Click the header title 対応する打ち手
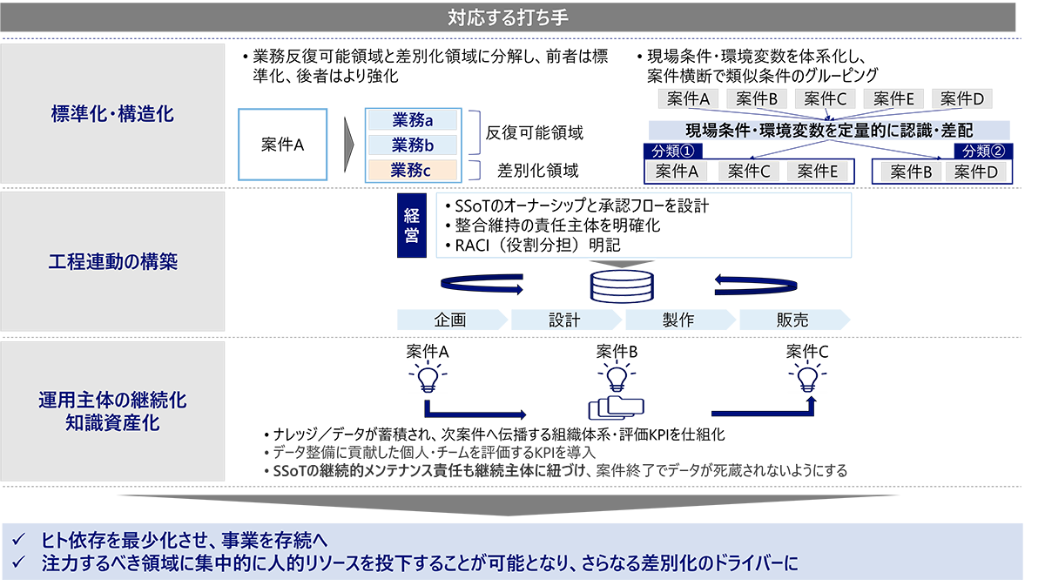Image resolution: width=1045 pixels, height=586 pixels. coord(508,17)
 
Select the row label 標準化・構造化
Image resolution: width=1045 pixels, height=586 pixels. coord(112,114)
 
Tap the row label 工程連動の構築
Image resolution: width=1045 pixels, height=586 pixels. coord(113,261)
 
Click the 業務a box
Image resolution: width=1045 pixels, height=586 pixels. coord(413,120)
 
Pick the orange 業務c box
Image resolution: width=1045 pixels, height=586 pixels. coord(413,171)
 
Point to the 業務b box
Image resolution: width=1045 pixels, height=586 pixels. coord(413,145)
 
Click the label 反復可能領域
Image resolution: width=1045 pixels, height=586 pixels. coord(534,133)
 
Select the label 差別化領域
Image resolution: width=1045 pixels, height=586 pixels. coord(537,171)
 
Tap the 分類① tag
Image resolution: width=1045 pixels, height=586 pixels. coord(672,151)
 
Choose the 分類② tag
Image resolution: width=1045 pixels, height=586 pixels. coord(983,151)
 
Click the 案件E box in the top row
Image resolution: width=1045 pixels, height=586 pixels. coord(893,99)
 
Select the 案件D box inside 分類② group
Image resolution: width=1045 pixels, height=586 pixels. coord(975,172)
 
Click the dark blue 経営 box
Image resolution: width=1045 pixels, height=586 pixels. coord(411,226)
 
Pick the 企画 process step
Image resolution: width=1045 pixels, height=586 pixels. coord(452,320)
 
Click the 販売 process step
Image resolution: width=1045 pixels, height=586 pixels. coord(794,320)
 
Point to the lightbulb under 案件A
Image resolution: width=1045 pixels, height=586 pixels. coord(428,377)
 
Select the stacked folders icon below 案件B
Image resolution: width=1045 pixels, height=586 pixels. coord(617,408)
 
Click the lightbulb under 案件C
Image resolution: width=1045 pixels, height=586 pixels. coord(807,377)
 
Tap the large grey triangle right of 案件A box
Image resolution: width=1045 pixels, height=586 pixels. coord(348,145)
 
